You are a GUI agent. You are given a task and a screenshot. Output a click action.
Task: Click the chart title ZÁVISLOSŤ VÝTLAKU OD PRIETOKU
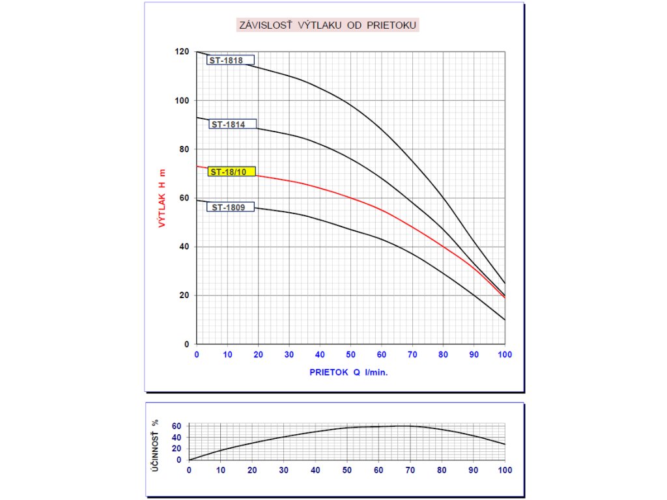coord(327,25)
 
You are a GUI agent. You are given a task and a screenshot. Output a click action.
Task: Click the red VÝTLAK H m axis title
coord(162,198)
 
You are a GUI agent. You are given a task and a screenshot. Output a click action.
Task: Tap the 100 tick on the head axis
coord(182,101)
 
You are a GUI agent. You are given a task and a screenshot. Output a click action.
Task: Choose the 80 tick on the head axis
coord(184,149)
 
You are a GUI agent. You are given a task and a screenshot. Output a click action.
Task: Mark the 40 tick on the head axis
coord(184,247)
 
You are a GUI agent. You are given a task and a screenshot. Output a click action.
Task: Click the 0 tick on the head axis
coord(186,344)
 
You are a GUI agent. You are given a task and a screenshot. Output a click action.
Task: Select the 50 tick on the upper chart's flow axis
coord(351,355)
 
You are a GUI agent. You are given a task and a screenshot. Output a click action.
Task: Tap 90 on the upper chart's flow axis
coord(474,355)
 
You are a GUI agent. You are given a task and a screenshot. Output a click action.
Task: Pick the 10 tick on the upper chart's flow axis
coord(227,355)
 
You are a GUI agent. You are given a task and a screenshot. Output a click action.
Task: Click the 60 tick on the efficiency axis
coord(176,426)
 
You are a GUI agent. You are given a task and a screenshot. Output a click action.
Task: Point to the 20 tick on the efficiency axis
coord(176,449)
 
